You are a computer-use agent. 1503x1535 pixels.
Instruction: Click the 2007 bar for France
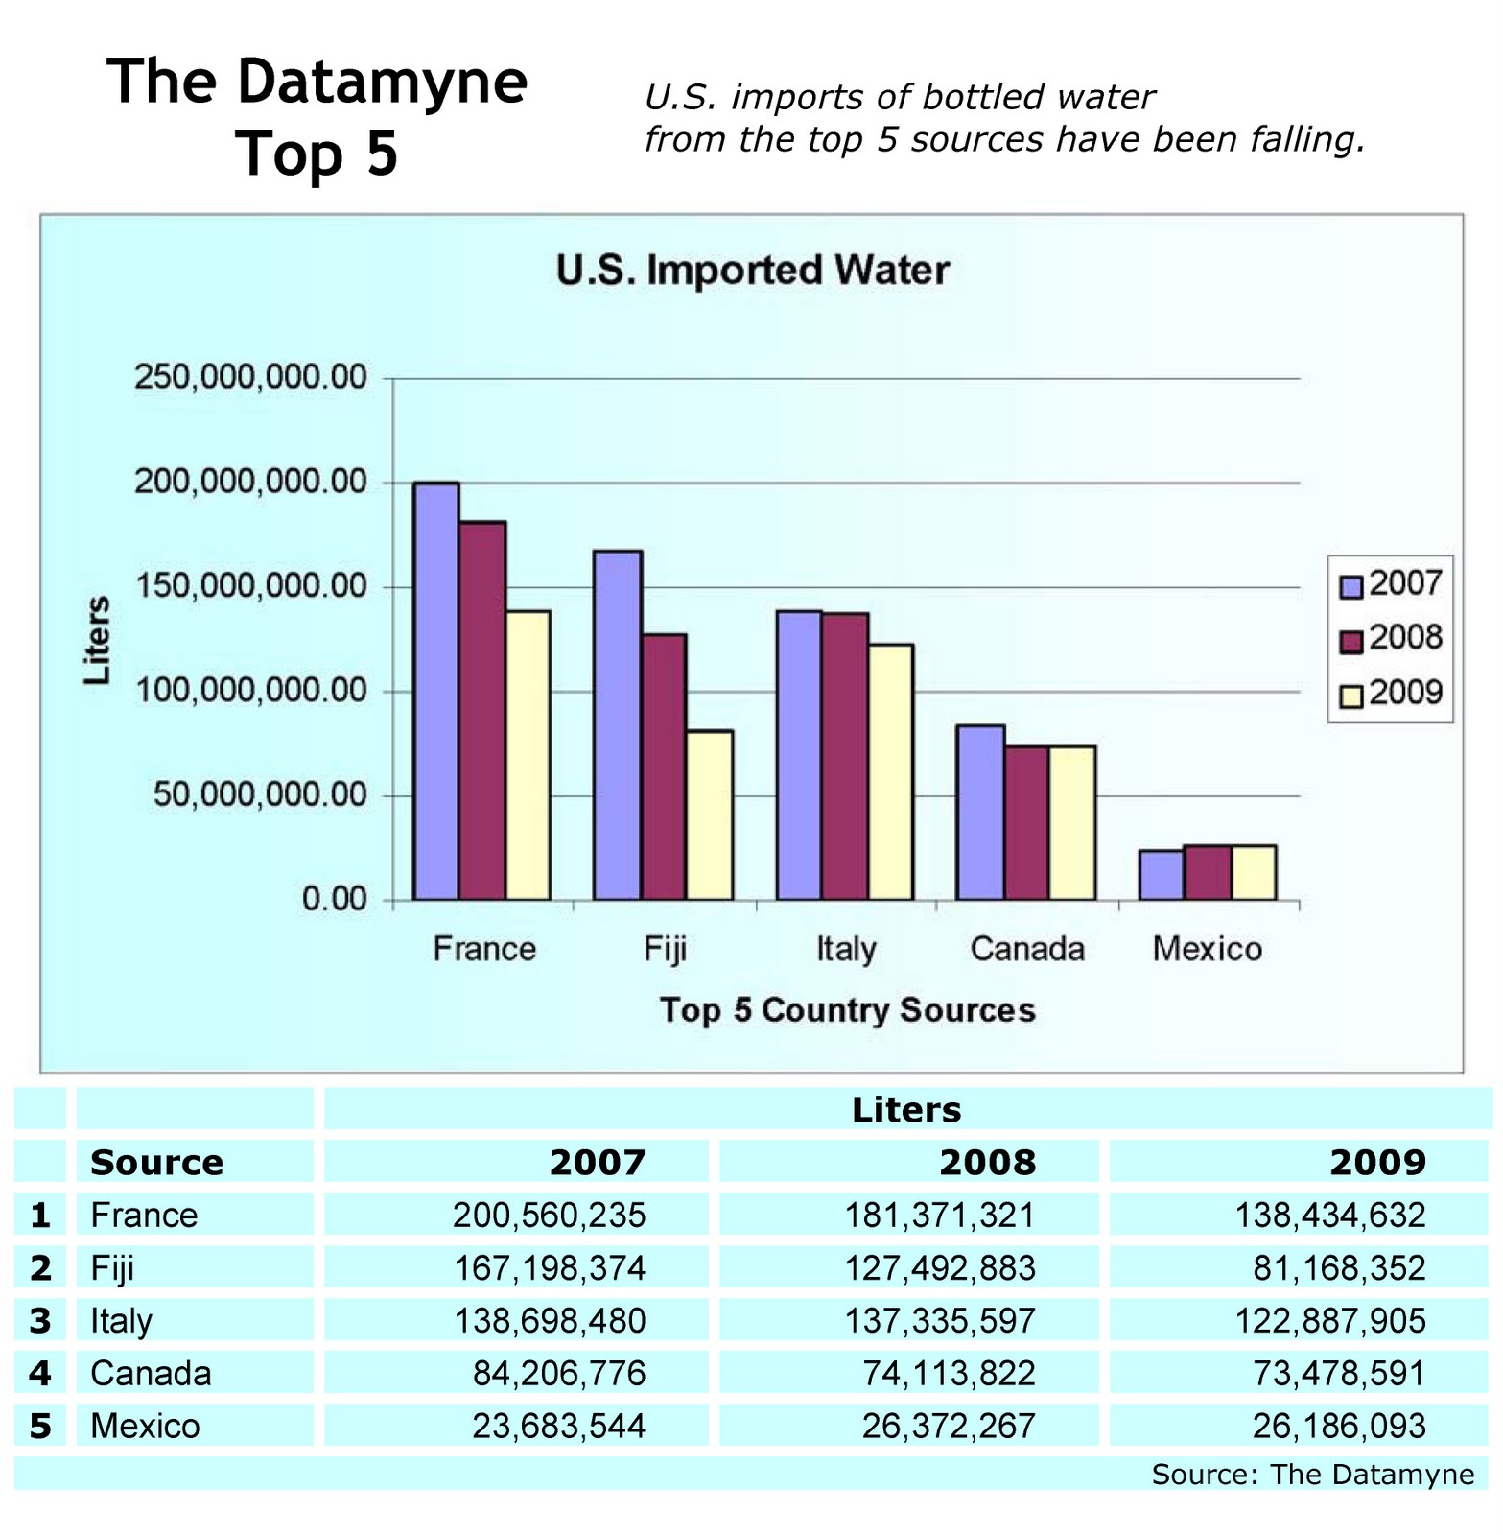click(435, 691)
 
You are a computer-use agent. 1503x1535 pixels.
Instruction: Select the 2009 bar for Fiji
click(710, 815)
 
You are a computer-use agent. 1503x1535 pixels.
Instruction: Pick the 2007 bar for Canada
click(980, 813)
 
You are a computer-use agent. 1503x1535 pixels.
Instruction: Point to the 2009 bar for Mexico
click(1254, 873)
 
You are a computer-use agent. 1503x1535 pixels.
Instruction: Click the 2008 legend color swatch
click(1350, 640)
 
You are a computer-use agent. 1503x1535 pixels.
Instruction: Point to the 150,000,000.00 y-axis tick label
click(251, 586)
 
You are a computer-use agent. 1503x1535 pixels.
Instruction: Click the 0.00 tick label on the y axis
click(335, 900)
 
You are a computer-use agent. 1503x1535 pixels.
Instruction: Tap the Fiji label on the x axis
click(665, 949)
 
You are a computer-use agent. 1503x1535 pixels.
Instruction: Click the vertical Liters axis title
click(98, 640)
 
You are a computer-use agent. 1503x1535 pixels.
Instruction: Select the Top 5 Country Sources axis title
click(848, 1010)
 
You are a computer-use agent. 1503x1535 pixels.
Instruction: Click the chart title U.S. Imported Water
click(753, 271)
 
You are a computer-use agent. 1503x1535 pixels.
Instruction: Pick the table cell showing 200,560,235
click(550, 1216)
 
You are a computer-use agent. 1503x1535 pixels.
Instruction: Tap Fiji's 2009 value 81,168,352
click(1339, 1268)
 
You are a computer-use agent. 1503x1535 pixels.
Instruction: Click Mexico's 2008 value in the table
click(948, 1426)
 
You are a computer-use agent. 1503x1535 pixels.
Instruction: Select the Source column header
click(156, 1163)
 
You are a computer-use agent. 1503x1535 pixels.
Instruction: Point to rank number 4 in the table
click(39, 1373)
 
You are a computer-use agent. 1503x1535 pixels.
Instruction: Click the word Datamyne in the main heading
click(382, 83)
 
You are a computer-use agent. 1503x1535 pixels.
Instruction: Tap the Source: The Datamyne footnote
click(1312, 1475)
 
